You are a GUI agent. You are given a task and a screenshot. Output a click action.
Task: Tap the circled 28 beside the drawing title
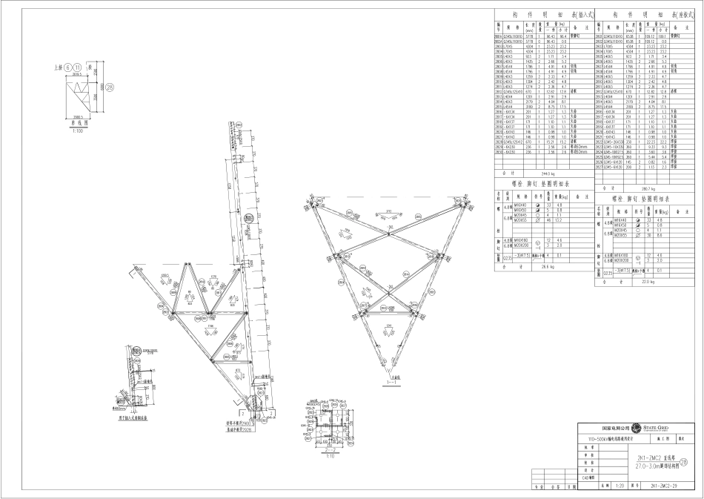coord(694,462)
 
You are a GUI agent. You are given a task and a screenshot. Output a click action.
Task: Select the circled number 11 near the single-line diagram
coord(78,67)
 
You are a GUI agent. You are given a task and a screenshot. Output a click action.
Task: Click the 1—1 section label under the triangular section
coord(390,386)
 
